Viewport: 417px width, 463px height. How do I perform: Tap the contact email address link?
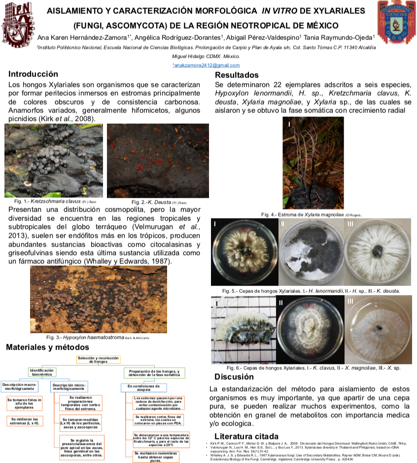tap(206, 65)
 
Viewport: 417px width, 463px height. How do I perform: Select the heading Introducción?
tap(33, 74)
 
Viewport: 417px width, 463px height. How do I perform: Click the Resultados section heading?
tap(237, 75)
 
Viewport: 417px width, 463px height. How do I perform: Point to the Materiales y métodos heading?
tap(47, 347)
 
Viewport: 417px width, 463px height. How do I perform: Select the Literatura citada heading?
tap(246, 436)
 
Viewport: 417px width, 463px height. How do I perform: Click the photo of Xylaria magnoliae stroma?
tap(313, 163)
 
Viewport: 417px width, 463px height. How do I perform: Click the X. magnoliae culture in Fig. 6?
tap(309, 330)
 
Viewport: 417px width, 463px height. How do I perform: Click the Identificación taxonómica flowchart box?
tap(42, 373)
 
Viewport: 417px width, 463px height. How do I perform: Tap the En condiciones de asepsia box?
tap(139, 388)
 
